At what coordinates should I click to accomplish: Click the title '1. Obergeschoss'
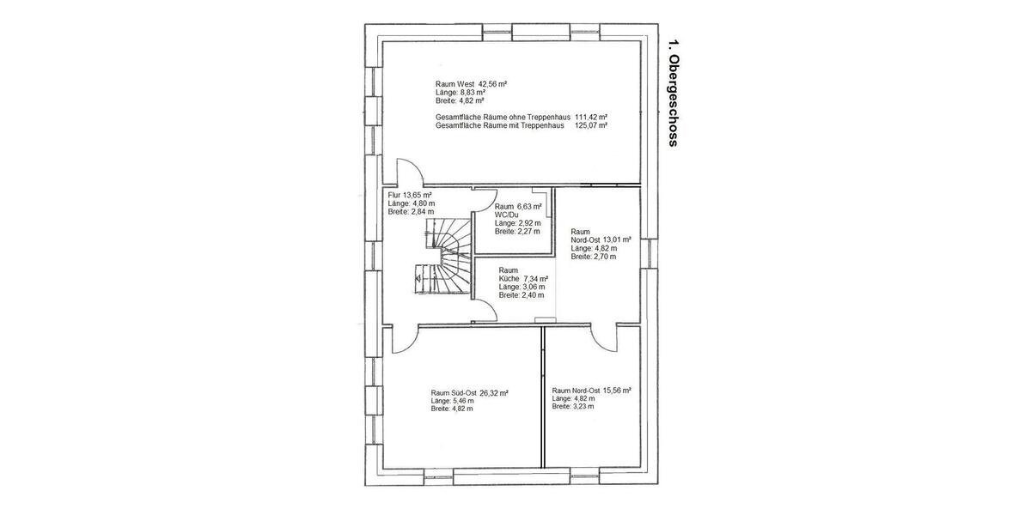673,94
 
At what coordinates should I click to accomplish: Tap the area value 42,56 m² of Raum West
493,84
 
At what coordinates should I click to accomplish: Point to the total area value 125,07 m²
591,125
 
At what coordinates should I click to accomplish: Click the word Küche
509,279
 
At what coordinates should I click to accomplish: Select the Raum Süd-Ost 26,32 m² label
469,393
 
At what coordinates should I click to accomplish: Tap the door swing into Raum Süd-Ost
405,339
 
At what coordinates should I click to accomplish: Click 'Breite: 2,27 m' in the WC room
517,231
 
